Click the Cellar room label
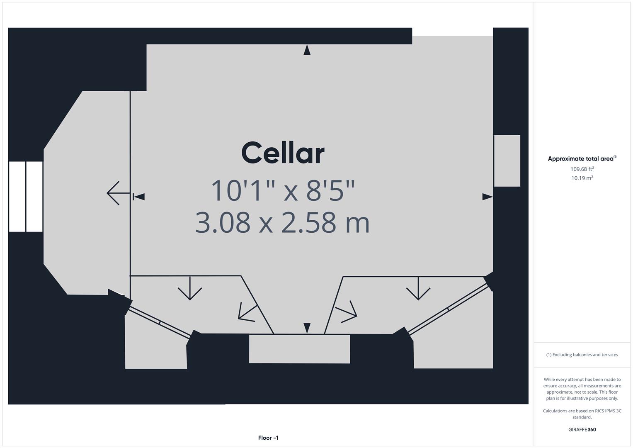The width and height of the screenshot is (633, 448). click(283, 153)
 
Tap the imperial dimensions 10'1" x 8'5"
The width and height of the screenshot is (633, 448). click(283, 190)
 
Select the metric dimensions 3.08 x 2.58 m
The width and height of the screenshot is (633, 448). click(282, 222)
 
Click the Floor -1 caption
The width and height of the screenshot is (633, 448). click(268, 438)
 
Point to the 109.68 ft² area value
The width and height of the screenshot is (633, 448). click(582, 169)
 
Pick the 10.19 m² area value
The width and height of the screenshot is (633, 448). click(582, 178)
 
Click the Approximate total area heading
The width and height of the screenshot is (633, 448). click(582, 158)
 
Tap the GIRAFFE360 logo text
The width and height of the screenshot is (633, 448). click(582, 429)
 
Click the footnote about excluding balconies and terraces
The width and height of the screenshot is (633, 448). click(582, 355)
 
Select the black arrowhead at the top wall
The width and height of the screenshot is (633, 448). click(307, 50)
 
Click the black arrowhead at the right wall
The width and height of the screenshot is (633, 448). click(487, 197)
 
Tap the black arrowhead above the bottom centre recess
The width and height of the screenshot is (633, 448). click(307, 328)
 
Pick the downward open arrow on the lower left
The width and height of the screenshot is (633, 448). click(190, 289)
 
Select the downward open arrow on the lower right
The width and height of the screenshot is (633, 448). click(418, 289)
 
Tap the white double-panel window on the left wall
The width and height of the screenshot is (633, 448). click(26, 196)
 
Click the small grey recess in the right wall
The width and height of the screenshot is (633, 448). click(507, 161)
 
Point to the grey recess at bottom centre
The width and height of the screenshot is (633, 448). click(299, 349)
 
